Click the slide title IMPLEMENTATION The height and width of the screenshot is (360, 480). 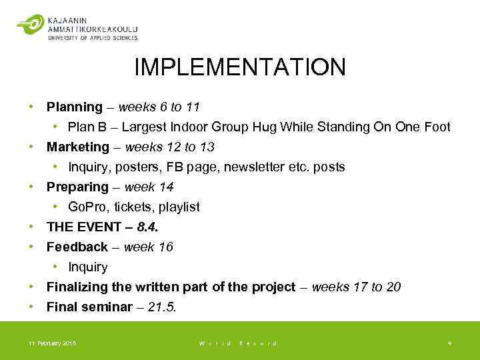[x=240, y=67]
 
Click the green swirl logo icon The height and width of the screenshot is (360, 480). [x=30, y=25]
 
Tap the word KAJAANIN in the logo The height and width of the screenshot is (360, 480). [x=68, y=20]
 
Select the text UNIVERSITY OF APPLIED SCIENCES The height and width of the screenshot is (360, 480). [x=93, y=38]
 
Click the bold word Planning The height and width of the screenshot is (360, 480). [x=75, y=107]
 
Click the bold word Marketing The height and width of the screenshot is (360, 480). [x=77, y=147]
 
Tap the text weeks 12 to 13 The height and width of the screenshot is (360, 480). [x=169, y=147]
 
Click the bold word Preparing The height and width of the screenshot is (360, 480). [x=77, y=187]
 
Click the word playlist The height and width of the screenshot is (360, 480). [x=178, y=207]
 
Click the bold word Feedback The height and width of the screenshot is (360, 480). [x=77, y=247]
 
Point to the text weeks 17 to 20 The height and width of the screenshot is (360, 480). [x=356, y=287]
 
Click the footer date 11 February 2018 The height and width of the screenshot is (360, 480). [x=52, y=343]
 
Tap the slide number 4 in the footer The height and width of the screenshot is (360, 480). [x=449, y=343]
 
